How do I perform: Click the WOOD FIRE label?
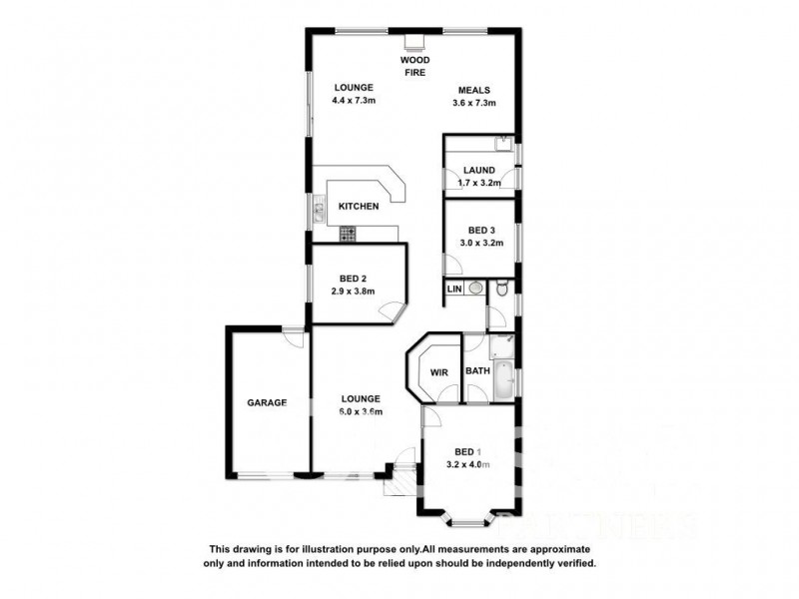(x=415, y=66)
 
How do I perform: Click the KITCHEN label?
(x=358, y=207)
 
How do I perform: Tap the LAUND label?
(x=478, y=170)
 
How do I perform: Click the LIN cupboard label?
(x=454, y=289)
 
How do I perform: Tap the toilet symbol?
(x=502, y=289)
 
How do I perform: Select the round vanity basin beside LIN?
(x=475, y=289)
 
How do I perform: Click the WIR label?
(x=438, y=372)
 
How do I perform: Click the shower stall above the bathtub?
(x=500, y=345)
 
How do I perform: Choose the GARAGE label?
(x=267, y=403)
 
